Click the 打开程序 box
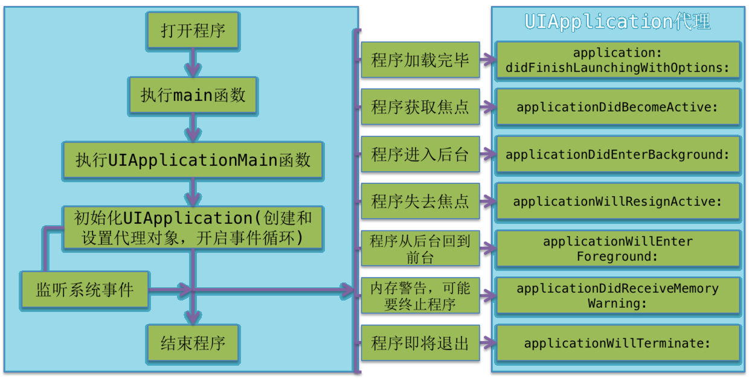pyautogui.click(x=193, y=31)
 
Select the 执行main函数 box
pyautogui.click(x=193, y=95)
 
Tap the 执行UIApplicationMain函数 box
pyautogui.click(x=193, y=160)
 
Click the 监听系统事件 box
pyautogui.click(x=85, y=290)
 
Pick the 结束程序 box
pyautogui.click(x=193, y=343)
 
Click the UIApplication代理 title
pyautogui.click(x=617, y=22)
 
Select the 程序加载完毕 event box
pyautogui.click(x=420, y=60)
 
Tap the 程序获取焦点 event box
pyautogui.click(x=420, y=107)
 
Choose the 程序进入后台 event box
pyautogui.click(x=420, y=154)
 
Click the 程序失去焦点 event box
pyautogui.click(x=420, y=201)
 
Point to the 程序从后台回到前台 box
pyautogui.click(x=420, y=248)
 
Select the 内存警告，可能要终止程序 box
pyautogui.click(x=420, y=296)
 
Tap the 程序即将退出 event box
pyautogui.click(x=420, y=343)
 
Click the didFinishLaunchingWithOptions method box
pyautogui.click(x=618, y=60)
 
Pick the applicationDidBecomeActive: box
pyautogui.click(x=618, y=107)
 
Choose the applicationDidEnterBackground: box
pyautogui.click(x=618, y=154)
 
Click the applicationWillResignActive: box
pyautogui.click(x=618, y=201)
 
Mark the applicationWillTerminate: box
pyautogui.click(x=618, y=343)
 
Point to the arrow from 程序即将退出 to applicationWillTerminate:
pyautogui.click(x=488, y=343)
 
